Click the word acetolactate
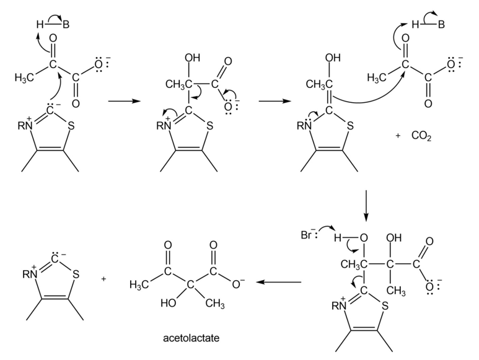(191, 338)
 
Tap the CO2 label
(421, 136)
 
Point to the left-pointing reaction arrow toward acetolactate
(279, 282)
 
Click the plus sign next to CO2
(397, 136)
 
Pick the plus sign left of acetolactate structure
(103, 279)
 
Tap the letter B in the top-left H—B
(66, 25)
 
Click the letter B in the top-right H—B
(441, 24)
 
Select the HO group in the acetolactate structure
(168, 303)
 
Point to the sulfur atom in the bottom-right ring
(385, 305)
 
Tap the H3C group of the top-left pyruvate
(24, 77)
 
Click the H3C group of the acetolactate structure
(139, 285)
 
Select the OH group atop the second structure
(192, 58)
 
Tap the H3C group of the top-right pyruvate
(377, 77)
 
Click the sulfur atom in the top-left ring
(71, 126)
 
